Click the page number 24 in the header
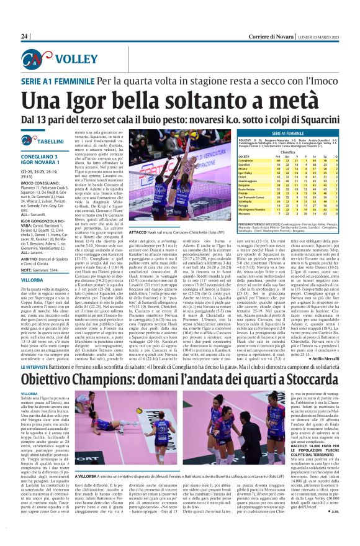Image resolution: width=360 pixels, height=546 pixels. click(25, 37)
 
